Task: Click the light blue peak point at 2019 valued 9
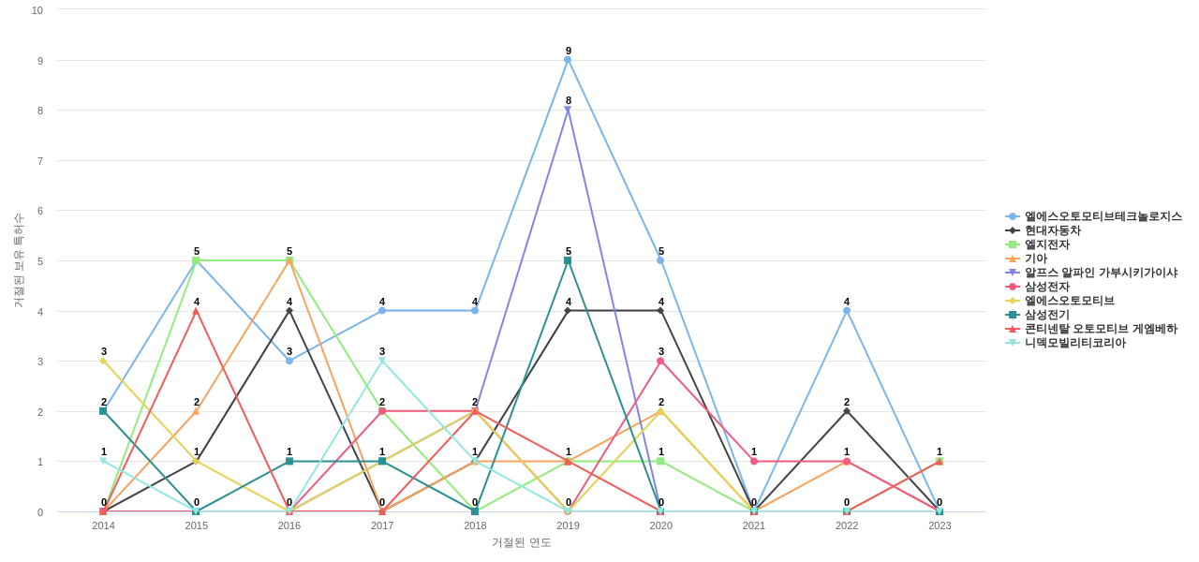pos(568,60)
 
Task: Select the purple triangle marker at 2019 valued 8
pos(568,110)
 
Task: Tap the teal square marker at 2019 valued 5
pos(568,260)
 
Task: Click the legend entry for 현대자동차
pos(1052,230)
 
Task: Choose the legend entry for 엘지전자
pos(1046,244)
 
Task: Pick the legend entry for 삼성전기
pos(1046,315)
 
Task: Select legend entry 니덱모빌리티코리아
pos(1074,343)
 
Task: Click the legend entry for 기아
pos(1035,259)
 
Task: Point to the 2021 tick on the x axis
pos(754,525)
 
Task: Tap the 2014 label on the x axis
pos(103,525)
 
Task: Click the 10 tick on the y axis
pos(37,10)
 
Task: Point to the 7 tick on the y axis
pos(39,161)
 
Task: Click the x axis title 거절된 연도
pos(522,542)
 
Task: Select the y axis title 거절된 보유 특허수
pos(18,260)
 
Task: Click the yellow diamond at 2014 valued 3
pos(103,361)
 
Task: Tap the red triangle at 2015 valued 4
pos(196,311)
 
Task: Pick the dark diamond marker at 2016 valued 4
pos(289,311)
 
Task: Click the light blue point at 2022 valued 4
pos(847,311)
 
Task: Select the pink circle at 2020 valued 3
pos(660,361)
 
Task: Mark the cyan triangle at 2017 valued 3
pos(382,361)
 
